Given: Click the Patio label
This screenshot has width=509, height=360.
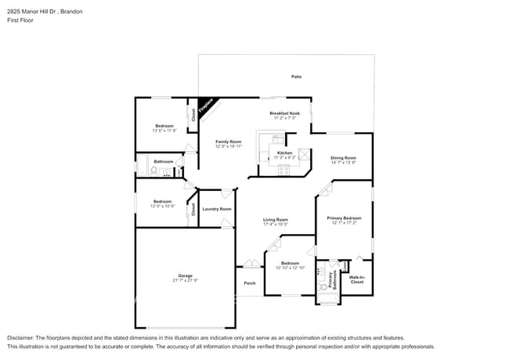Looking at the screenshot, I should coord(297,77).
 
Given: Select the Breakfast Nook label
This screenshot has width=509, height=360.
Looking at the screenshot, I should coord(285,113).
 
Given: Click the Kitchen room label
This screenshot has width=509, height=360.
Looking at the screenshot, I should coord(284,153).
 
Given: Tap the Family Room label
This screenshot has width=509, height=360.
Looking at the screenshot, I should coord(229,141).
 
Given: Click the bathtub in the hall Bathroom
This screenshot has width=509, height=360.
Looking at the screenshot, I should coord(143,166).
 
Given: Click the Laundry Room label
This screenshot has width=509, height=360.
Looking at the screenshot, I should coord(216,209).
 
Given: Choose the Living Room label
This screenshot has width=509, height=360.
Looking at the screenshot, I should coord(275,220).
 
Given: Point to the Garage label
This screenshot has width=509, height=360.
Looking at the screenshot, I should coord(185,276).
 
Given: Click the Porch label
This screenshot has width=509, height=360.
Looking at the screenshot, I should coord(250,283).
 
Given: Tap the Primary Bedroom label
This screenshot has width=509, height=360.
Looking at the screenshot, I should coord(344,218).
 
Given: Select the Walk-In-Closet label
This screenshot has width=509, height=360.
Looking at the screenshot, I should coord(357,279).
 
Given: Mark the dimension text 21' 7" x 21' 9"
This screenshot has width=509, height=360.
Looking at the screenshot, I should coord(185,281).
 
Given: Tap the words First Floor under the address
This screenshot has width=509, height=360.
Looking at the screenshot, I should coord(19,21).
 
